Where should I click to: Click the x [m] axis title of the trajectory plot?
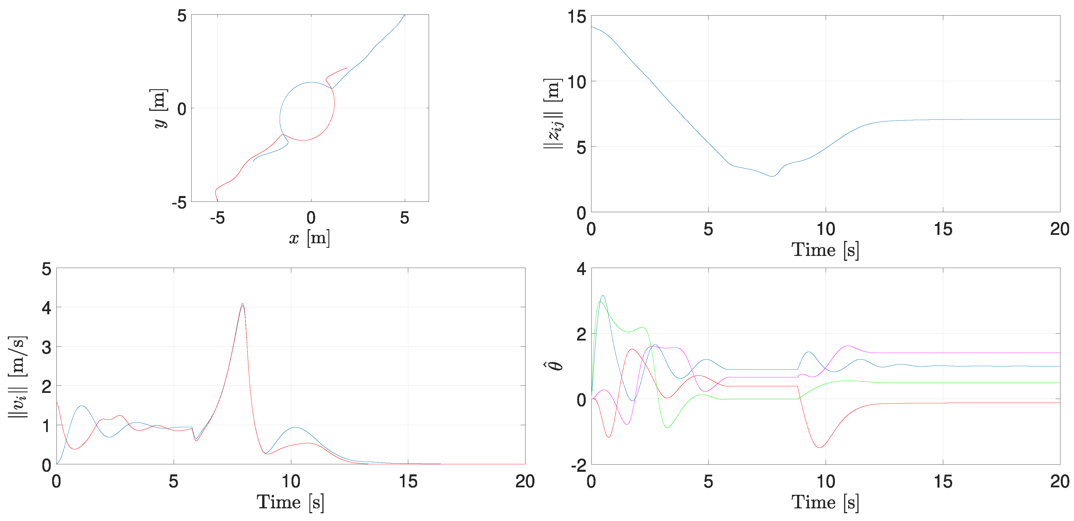309,238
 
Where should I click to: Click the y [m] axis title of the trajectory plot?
158,108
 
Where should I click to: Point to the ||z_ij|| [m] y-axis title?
553,113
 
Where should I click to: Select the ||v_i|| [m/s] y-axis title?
18,377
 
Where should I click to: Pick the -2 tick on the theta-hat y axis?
579,465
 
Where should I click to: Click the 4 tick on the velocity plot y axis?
46,308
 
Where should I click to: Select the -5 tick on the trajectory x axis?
217,218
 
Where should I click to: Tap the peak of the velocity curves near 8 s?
243,305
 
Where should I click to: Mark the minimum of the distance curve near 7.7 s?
772,176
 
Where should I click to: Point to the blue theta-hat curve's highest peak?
602,296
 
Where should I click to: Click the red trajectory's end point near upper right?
347,68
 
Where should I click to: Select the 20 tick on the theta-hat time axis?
1059,482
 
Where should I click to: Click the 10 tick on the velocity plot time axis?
291,482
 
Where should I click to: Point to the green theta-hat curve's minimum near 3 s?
668,427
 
